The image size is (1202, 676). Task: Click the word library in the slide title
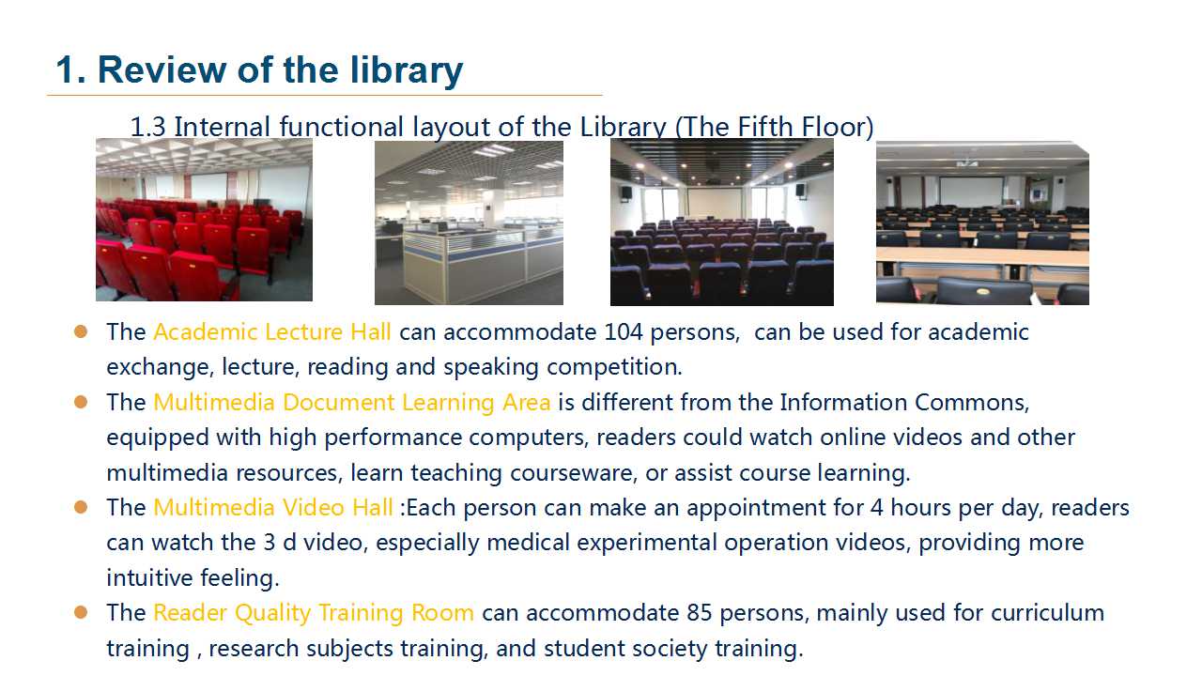pos(407,71)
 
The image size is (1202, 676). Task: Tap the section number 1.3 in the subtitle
pos(148,127)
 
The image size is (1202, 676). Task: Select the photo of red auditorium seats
pos(204,220)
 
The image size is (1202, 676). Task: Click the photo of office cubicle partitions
pos(469,223)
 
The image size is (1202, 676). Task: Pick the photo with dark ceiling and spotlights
pos(722,223)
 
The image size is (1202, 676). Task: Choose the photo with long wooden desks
pos(982,223)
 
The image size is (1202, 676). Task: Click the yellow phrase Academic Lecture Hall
pos(272,332)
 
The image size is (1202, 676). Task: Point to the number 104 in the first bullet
pos(623,332)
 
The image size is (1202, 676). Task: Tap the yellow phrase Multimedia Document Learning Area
pos(352,403)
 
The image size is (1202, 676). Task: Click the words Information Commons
pos(904,403)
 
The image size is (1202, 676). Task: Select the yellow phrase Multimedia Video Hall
pos(273,508)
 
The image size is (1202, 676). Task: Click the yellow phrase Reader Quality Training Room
pos(314,613)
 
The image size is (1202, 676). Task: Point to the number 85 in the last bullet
pos(700,613)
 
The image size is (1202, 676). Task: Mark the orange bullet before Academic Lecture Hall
pos(81,331)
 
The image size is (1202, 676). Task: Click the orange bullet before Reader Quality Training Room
pos(81,612)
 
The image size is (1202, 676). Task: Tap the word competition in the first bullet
pos(614,367)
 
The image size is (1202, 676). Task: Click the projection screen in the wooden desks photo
pos(971,192)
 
